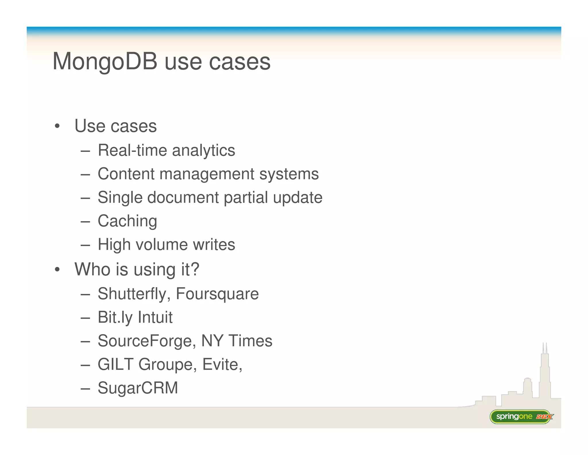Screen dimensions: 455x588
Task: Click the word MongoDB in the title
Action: pyautogui.click(x=105, y=62)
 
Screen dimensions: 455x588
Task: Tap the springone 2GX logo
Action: pyautogui.click(x=521, y=416)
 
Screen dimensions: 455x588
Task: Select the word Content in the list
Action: pyautogui.click(x=126, y=174)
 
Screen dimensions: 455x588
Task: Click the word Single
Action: pyautogui.click(x=120, y=198)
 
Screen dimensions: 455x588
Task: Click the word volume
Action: pyautogui.click(x=162, y=245)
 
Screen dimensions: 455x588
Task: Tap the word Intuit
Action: pyautogui.click(x=155, y=318)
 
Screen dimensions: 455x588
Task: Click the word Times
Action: pyautogui.click(x=250, y=341)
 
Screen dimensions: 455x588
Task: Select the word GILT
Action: pyautogui.click(x=115, y=364)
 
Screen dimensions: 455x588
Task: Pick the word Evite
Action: pyautogui.click(x=221, y=364)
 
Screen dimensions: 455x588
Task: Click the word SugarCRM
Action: pyautogui.click(x=138, y=388)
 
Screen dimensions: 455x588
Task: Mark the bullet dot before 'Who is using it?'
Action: pyautogui.click(x=57, y=269)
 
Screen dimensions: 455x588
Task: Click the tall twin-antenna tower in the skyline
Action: pyautogui.click(x=545, y=371)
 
